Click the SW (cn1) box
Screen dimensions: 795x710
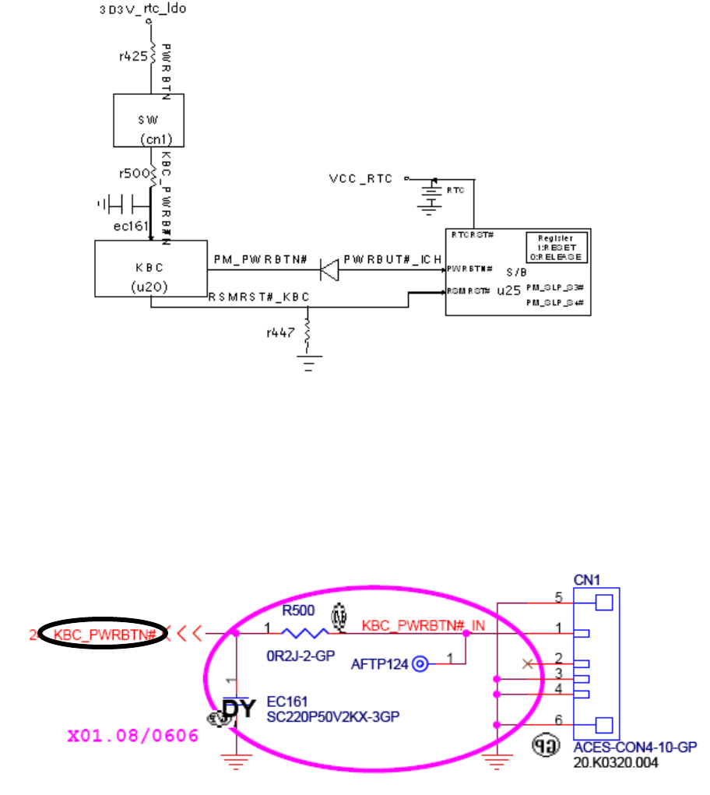[x=149, y=121]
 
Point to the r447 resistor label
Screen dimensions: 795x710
[x=280, y=332]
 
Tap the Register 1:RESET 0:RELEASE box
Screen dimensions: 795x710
[x=557, y=247]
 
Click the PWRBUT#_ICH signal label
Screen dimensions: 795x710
[x=393, y=258]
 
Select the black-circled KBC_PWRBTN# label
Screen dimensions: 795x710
[x=104, y=635]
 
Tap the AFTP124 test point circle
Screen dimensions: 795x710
[x=420, y=663]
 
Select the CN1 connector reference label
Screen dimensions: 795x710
[x=586, y=581]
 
